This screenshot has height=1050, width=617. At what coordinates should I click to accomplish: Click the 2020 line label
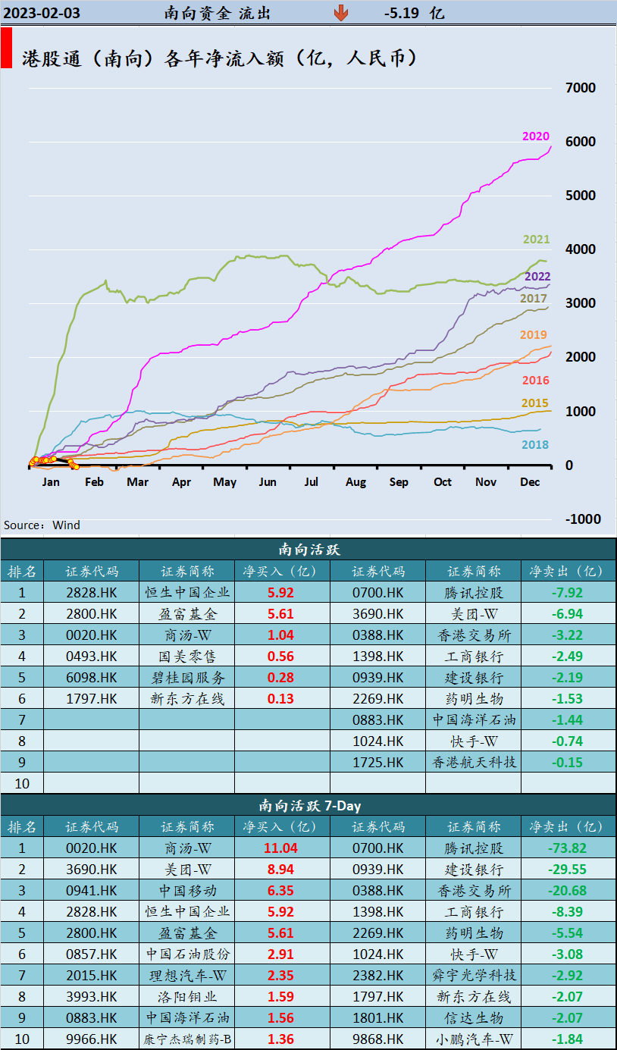point(536,136)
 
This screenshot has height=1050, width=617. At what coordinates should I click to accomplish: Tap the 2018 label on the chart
point(535,445)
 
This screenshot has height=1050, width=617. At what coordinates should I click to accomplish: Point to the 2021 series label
point(537,240)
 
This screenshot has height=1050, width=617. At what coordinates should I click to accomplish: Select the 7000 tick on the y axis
point(581,88)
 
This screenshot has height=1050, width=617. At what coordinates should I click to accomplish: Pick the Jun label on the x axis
point(268,482)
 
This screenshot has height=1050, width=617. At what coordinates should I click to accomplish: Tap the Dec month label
point(530,482)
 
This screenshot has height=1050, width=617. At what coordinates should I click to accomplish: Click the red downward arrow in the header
point(341,13)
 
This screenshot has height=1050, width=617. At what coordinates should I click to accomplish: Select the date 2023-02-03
point(42,13)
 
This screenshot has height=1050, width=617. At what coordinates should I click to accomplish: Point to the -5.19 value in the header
point(404,13)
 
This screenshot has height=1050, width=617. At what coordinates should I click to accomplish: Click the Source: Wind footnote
point(42,525)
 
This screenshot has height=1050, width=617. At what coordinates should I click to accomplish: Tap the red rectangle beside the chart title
point(6,49)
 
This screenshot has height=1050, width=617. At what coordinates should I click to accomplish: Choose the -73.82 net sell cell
point(567,848)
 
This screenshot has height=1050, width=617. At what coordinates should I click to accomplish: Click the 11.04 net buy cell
point(280,848)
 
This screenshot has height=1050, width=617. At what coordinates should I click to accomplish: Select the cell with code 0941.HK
point(92,891)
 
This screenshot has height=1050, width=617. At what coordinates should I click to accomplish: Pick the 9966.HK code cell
point(92,1039)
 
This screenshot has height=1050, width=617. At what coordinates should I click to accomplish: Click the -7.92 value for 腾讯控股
point(567,593)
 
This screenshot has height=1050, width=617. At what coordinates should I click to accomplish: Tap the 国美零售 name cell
point(186,657)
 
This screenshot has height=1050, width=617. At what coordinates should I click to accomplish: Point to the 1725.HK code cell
point(378,763)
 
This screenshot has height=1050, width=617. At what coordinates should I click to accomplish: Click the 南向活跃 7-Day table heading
point(308,805)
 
